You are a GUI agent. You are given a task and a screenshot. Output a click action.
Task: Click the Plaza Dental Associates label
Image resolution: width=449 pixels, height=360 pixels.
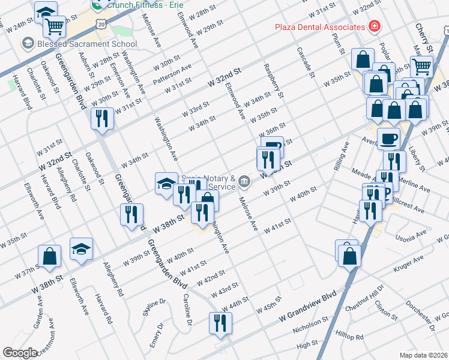click(319, 27)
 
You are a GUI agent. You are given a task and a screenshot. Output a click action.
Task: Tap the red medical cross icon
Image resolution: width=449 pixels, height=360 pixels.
click(375, 27)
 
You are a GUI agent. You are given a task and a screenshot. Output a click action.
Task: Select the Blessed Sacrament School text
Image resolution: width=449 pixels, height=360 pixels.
click(87, 44)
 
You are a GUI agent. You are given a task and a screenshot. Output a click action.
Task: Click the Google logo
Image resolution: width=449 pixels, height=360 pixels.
click(20, 353)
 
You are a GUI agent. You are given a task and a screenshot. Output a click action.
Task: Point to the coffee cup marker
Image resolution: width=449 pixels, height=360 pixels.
click(388, 139)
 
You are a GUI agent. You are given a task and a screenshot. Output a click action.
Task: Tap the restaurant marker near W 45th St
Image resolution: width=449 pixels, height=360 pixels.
click(220, 323)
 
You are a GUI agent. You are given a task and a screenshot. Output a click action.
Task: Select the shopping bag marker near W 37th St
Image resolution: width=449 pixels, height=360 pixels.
click(49, 256)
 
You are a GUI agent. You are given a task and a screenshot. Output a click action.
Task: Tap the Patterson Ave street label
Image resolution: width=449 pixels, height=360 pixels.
click(172, 72)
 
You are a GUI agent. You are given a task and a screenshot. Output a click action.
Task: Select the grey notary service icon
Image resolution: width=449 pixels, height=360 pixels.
click(244, 181)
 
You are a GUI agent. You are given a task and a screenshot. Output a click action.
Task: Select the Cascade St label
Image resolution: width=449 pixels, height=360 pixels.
click(305, 62)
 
